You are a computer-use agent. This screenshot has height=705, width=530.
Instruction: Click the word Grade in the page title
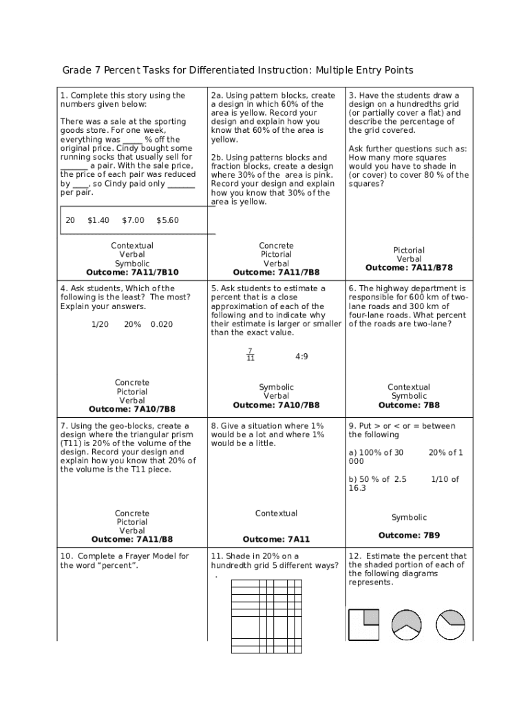pyautogui.click(x=77, y=70)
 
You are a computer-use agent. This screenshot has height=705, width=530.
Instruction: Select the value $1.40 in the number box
pyautogui.click(x=98, y=220)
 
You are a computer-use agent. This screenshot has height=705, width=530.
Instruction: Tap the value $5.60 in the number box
pyautogui.click(x=167, y=220)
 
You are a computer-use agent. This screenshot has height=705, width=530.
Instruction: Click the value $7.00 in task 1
pyautogui.click(x=133, y=220)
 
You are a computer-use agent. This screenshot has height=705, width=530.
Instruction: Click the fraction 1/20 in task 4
pyautogui.click(x=100, y=324)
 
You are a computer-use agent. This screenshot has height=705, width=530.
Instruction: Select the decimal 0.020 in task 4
pyautogui.click(x=162, y=324)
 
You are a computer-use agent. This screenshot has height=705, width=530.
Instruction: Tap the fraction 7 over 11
pyautogui.click(x=251, y=355)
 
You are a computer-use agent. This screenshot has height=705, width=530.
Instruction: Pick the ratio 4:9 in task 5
pyautogui.click(x=301, y=357)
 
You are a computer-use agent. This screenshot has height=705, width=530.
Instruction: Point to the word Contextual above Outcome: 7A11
pyautogui.click(x=276, y=514)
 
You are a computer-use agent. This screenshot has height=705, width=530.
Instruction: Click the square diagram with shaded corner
pyautogui.click(x=363, y=624)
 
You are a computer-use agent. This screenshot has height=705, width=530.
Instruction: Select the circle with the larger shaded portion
pyautogui.click(x=407, y=624)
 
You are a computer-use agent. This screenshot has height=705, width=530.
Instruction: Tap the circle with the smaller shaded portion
pyautogui.click(x=451, y=624)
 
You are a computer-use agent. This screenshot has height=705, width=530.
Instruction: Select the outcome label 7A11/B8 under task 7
pyautogui.click(x=156, y=540)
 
